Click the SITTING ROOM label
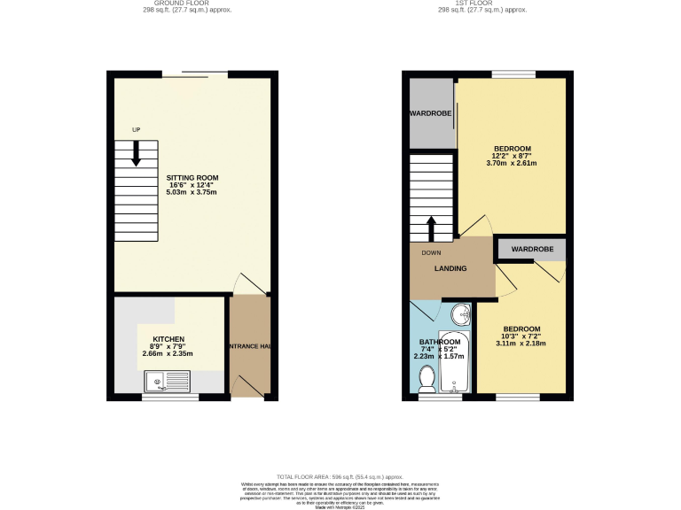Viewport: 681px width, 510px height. pyautogui.click(x=192, y=177)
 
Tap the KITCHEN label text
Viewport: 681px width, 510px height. pyautogui.click(x=168, y=339)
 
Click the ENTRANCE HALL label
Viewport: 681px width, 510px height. pyautogui.click(x=249, y=346)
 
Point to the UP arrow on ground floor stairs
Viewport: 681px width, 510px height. pyautogui.click(x=136, y=154)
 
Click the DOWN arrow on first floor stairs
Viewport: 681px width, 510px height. pyautogui.click(x=431, y=228)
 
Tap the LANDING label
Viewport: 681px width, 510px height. pyautogui.click(x=450, y=268)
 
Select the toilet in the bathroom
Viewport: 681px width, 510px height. pyautogui.click(x=427, y=380)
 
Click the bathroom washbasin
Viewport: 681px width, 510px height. pyautogui.click(x=460, y=314)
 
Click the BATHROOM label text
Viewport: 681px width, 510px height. pyautogui.click(x=439, y=342)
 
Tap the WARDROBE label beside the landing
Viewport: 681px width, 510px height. pyautogui.click(x=532, y=250)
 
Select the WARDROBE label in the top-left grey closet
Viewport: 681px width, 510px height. pyautogui.click(x=431, y=114)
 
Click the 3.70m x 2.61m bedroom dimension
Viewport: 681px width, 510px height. pyautogui.click(x=512, y=163)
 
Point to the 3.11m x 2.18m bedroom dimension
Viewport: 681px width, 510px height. pyautogui.click(x=522, y=344)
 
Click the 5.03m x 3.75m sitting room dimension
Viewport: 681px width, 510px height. pyautogui.click(x=192, y=192)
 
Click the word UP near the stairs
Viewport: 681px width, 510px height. pyautogui.click(x=136, y=131)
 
